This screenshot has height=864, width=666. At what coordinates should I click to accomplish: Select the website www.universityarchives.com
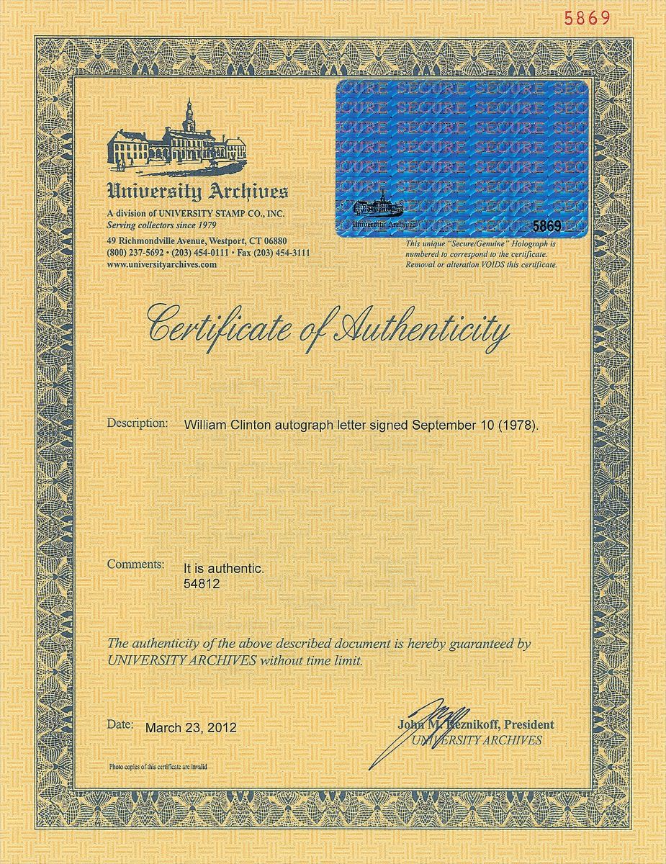161,265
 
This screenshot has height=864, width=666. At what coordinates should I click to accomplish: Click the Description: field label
137,423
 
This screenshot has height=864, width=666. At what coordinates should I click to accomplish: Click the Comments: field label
135,564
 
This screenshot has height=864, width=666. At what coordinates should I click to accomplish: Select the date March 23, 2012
191,728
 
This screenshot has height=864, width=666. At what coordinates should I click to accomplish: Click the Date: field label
120,725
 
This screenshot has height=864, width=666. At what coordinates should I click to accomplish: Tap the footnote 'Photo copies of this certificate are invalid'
158,767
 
